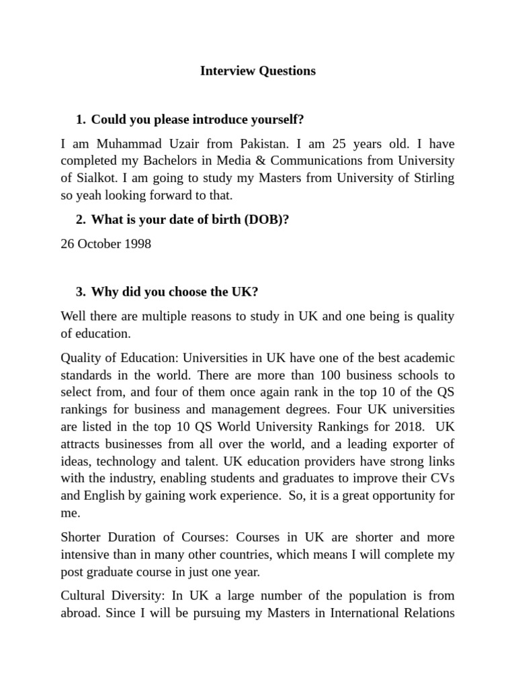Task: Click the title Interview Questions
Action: (257, 71)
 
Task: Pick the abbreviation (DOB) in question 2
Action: (265, 219)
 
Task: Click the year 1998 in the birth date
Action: (137, 243)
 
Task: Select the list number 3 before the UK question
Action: (80, 292)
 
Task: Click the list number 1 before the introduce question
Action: (80, 120)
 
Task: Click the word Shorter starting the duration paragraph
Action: (82, 537)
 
